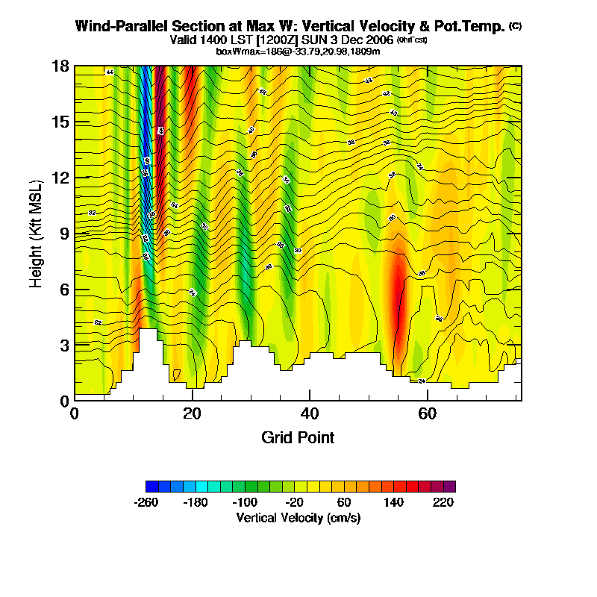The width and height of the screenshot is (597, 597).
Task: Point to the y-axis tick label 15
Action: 60,122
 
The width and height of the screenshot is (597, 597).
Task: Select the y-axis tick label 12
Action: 60,178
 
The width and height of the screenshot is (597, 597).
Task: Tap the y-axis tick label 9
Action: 63,233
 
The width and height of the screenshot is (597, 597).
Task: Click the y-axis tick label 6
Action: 63,289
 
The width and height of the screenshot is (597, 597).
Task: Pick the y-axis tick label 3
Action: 63,345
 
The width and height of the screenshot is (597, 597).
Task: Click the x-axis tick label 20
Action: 193,413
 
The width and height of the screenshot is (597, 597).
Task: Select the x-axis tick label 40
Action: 310,413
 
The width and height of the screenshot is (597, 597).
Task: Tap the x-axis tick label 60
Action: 428,413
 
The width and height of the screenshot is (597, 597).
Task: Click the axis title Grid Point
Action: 298,437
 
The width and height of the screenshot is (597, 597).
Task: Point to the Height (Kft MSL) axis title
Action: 36,233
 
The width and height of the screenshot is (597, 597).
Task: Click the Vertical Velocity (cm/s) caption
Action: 298,517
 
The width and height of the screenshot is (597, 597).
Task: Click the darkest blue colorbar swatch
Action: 151,487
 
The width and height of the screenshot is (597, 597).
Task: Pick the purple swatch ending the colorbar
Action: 449,487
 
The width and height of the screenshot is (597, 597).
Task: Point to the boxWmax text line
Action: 298,51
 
